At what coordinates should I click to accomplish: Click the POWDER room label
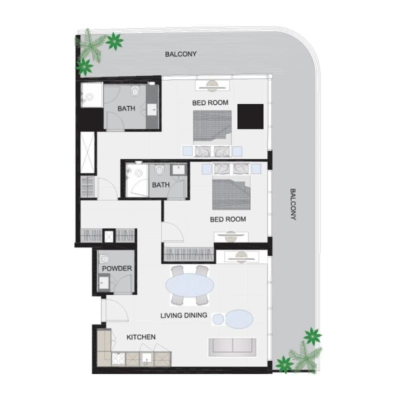pyautogui.click(x=117, y=268)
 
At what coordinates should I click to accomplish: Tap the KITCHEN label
pyautogui.click(x=141, y=337)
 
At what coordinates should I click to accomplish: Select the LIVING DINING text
pyautogui.click(x=184, y=315)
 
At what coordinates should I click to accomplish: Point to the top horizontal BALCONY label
pyautogui.click(x=180, y=54)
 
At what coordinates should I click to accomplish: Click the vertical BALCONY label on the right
pyautogui.click(x=293, y=204)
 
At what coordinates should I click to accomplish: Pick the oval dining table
pyautogui.click(x=189, y=285)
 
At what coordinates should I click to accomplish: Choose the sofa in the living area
pyautogui.click(x=232, y=347)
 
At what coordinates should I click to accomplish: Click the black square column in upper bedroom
pyautogui.click(x=250, y=116)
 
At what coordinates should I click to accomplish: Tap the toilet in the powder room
pyautogui.click(x=104, y=259)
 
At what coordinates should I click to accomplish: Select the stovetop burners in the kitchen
pyautogui.click(x=118, y=359)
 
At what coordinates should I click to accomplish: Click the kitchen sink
pyautogui.click(x=146, y=358)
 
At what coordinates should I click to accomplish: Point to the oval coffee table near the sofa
pyautogui.click(x=239, y=319)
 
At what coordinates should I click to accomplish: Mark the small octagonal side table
pyautogui.click(x=218, y=319)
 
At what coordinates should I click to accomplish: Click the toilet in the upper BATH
pyautogui.click(x=135, y=90)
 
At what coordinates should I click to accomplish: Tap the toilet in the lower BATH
pyautogui.click(x=159, y=169)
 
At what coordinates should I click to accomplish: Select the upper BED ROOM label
pyautogui.click(x=210, y=103)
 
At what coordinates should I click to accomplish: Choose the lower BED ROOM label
pyautogui.click(x=228, y=219)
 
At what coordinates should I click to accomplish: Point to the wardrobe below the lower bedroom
pyautogui.click(x=188, y=254)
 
